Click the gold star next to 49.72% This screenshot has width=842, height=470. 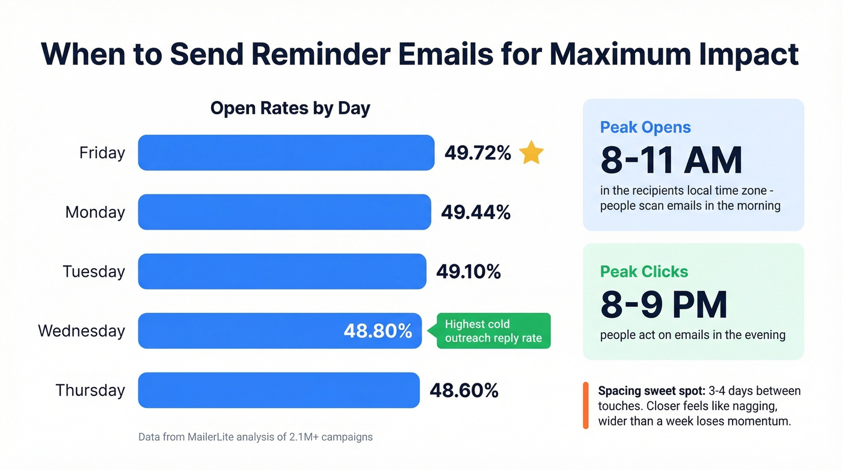click(531, 153)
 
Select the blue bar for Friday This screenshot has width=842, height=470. click(286, 153)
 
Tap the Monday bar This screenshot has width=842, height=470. click(284, 212)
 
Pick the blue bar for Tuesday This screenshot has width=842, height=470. click(282, 271)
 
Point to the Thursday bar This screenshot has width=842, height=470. click(279, 390)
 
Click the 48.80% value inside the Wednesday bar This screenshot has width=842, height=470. click(378, 331)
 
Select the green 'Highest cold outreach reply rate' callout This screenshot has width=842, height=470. click(493, 331)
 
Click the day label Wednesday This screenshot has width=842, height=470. click(81, 331)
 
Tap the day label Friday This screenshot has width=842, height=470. click(102, 153)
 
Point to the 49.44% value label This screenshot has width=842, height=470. click(476, 212)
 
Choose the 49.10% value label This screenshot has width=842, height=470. click(469, 271)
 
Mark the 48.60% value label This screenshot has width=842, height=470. click(464, 390)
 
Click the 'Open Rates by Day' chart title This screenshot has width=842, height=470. click(290, 108)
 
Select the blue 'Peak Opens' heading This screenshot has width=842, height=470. click(645, 128)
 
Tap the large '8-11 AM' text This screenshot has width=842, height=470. click(671, 160)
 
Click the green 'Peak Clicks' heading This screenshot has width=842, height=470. click(644, 271)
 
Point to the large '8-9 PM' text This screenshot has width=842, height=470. click(663, 305)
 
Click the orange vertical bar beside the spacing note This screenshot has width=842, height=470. click(586, 406)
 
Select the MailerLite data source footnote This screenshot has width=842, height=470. click(255, 437)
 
